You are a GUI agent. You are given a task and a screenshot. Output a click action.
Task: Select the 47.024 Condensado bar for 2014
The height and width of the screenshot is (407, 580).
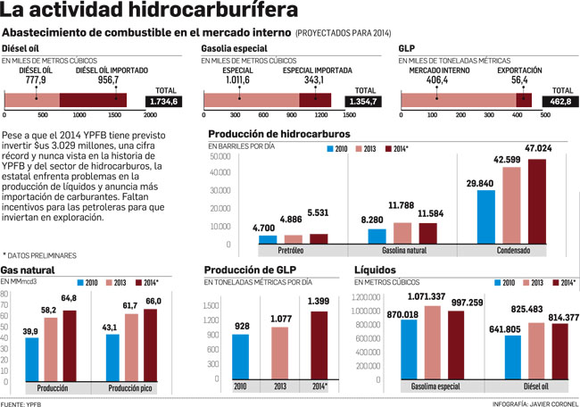click(536, 202)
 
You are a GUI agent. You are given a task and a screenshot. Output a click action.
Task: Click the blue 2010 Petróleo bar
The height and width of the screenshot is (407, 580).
click(264, 239)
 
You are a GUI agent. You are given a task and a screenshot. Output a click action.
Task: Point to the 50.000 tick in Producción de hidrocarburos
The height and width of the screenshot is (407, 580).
click(219, 156)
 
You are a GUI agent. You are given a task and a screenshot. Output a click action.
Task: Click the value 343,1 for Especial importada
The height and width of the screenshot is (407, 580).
click(314, 79)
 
